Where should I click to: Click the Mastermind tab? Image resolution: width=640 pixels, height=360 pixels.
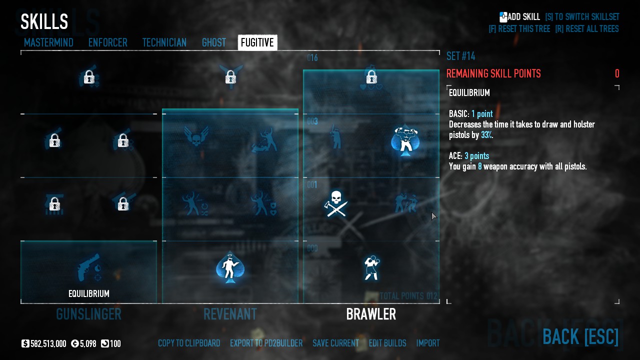(48, 43)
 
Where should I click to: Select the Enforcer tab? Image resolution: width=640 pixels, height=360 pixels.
(107, 43)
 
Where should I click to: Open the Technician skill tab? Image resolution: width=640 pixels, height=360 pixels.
(164, 43)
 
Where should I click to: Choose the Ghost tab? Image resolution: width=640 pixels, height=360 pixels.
(214, 43)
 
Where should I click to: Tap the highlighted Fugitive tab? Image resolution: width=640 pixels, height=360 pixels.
(257, 43)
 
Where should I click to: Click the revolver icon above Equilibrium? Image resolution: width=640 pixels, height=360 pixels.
(88, 268)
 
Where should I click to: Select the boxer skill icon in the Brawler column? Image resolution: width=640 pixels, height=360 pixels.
(371, 267)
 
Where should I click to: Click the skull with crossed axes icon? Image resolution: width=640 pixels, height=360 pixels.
(336, 203)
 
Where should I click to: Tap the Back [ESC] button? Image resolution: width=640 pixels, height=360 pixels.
(580, 336)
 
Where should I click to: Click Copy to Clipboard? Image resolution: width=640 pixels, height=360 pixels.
(189, 343)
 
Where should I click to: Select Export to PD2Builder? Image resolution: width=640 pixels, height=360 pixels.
(266, 343)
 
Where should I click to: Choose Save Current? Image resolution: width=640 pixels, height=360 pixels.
(335, 343)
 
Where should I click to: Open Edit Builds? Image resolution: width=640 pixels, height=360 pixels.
(387, 343)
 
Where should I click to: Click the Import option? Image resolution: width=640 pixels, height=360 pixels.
(428, 343)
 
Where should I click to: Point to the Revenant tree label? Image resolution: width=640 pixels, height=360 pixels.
(230, 314)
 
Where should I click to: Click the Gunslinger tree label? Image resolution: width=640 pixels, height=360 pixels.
(88, 314)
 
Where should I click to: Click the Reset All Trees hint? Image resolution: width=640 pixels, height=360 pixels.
(586, 29)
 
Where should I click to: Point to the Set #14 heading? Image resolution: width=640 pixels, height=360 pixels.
(460, 56)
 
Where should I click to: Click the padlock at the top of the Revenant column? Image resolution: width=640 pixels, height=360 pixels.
(230, 77)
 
